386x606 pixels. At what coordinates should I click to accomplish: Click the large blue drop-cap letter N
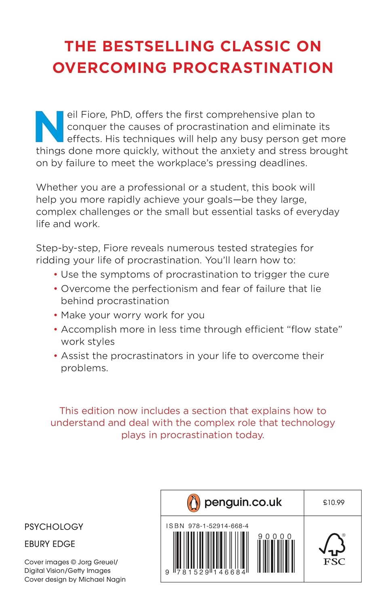click(49, 126)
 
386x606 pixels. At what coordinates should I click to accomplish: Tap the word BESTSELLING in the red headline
click(158, 46)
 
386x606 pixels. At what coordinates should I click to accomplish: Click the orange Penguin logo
click(194, 503)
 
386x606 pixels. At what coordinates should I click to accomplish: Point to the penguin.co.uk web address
click(243, 502)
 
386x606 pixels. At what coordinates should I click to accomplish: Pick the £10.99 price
click(333, 503)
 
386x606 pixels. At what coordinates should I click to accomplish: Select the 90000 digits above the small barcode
click(275, 537)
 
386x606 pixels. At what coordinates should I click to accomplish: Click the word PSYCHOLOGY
click(54, 527)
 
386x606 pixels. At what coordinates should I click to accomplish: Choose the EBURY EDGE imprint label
click(50, 544)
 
